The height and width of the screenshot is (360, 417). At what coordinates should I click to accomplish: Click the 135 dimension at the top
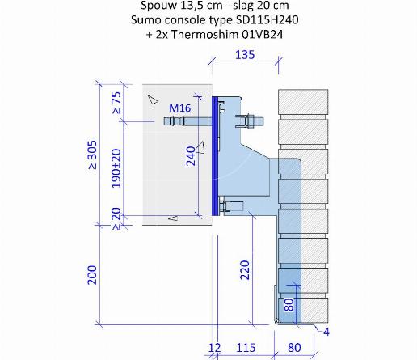click(245, 55)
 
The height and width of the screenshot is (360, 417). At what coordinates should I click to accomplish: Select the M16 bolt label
click(180, 108)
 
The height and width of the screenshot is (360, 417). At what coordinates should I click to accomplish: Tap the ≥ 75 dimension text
click(117, 103)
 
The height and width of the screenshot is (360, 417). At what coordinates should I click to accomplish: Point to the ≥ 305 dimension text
click(92, 155)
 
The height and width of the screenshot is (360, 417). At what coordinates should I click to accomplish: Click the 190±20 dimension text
click(116, 168)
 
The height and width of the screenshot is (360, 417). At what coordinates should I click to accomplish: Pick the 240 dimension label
click(191, 156)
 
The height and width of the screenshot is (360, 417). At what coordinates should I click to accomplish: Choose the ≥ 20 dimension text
click(116, 218)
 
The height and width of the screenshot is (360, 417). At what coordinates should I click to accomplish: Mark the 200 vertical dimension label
click(92, 275)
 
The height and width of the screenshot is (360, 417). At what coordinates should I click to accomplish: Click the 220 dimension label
click(245, 270)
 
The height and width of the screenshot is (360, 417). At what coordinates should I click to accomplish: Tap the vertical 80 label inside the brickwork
click(289, 305)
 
